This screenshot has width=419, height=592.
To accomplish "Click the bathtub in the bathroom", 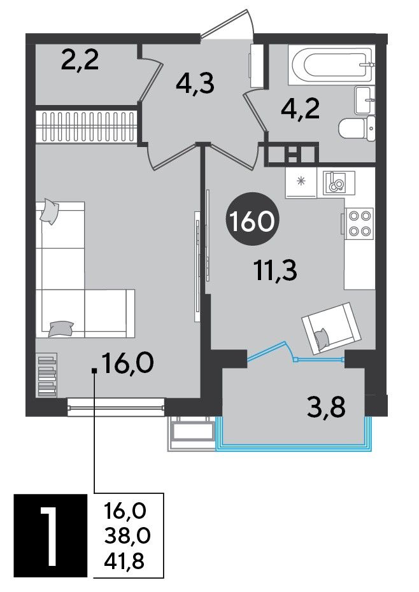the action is [x=331, y=65].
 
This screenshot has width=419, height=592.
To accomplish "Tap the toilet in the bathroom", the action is [x=357, y=129].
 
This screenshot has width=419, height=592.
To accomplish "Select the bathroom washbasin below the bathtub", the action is [x=365, y=100].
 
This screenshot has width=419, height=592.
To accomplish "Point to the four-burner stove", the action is [x=357, y=223].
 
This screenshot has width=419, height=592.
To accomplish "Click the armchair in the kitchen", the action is [x=332, y=327].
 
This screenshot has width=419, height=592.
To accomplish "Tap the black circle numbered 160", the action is [x=252, y=220].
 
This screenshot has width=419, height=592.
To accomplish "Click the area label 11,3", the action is [x=276, y=271].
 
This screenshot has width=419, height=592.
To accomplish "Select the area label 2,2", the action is [x=80, y=60].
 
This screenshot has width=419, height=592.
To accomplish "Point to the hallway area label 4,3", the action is [x=195, y=83].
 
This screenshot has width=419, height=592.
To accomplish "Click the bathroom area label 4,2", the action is [x=301, y=109].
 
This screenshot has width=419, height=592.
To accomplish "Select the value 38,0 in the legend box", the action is [x=127, y=536].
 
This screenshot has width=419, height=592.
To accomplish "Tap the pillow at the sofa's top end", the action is [x=49, y=211].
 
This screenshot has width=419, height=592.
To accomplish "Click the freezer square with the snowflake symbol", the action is [x=301, y=182].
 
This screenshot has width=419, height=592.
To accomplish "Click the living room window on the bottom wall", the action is [x=116, y=407].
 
